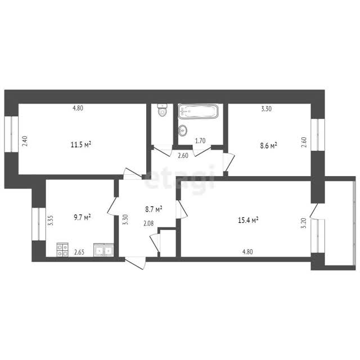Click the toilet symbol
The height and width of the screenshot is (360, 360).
click(163, 110)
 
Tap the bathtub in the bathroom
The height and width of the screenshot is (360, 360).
click(198, 111)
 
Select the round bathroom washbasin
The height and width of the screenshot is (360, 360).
click(182, 130)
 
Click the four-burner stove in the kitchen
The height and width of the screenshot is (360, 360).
click(62, 250)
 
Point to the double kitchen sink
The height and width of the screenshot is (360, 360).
click(103, 250)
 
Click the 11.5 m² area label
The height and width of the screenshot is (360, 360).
click(81, 145)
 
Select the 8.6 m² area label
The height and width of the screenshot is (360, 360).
click(268, 146)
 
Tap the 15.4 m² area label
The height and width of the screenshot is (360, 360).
click(248, 220)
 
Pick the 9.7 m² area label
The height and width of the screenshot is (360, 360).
click(82, 217)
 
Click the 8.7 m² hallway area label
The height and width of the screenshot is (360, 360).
click(154, 209)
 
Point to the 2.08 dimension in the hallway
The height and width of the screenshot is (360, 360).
click(148, 223)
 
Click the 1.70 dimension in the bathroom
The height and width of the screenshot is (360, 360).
click(200, 141)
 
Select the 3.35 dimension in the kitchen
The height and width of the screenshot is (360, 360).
click(51, 220)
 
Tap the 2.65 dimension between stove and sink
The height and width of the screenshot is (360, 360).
click(79, 253)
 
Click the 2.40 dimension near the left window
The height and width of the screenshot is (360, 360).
click(25, 141)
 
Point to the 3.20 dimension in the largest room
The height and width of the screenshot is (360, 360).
click(304, 223)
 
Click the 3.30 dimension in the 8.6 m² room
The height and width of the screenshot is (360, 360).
click(266, 109)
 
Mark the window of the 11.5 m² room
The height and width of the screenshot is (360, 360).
click(11, 134)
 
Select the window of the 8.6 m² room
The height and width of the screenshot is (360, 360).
click(318, 134)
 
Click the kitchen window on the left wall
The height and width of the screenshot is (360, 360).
click(39, 224)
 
